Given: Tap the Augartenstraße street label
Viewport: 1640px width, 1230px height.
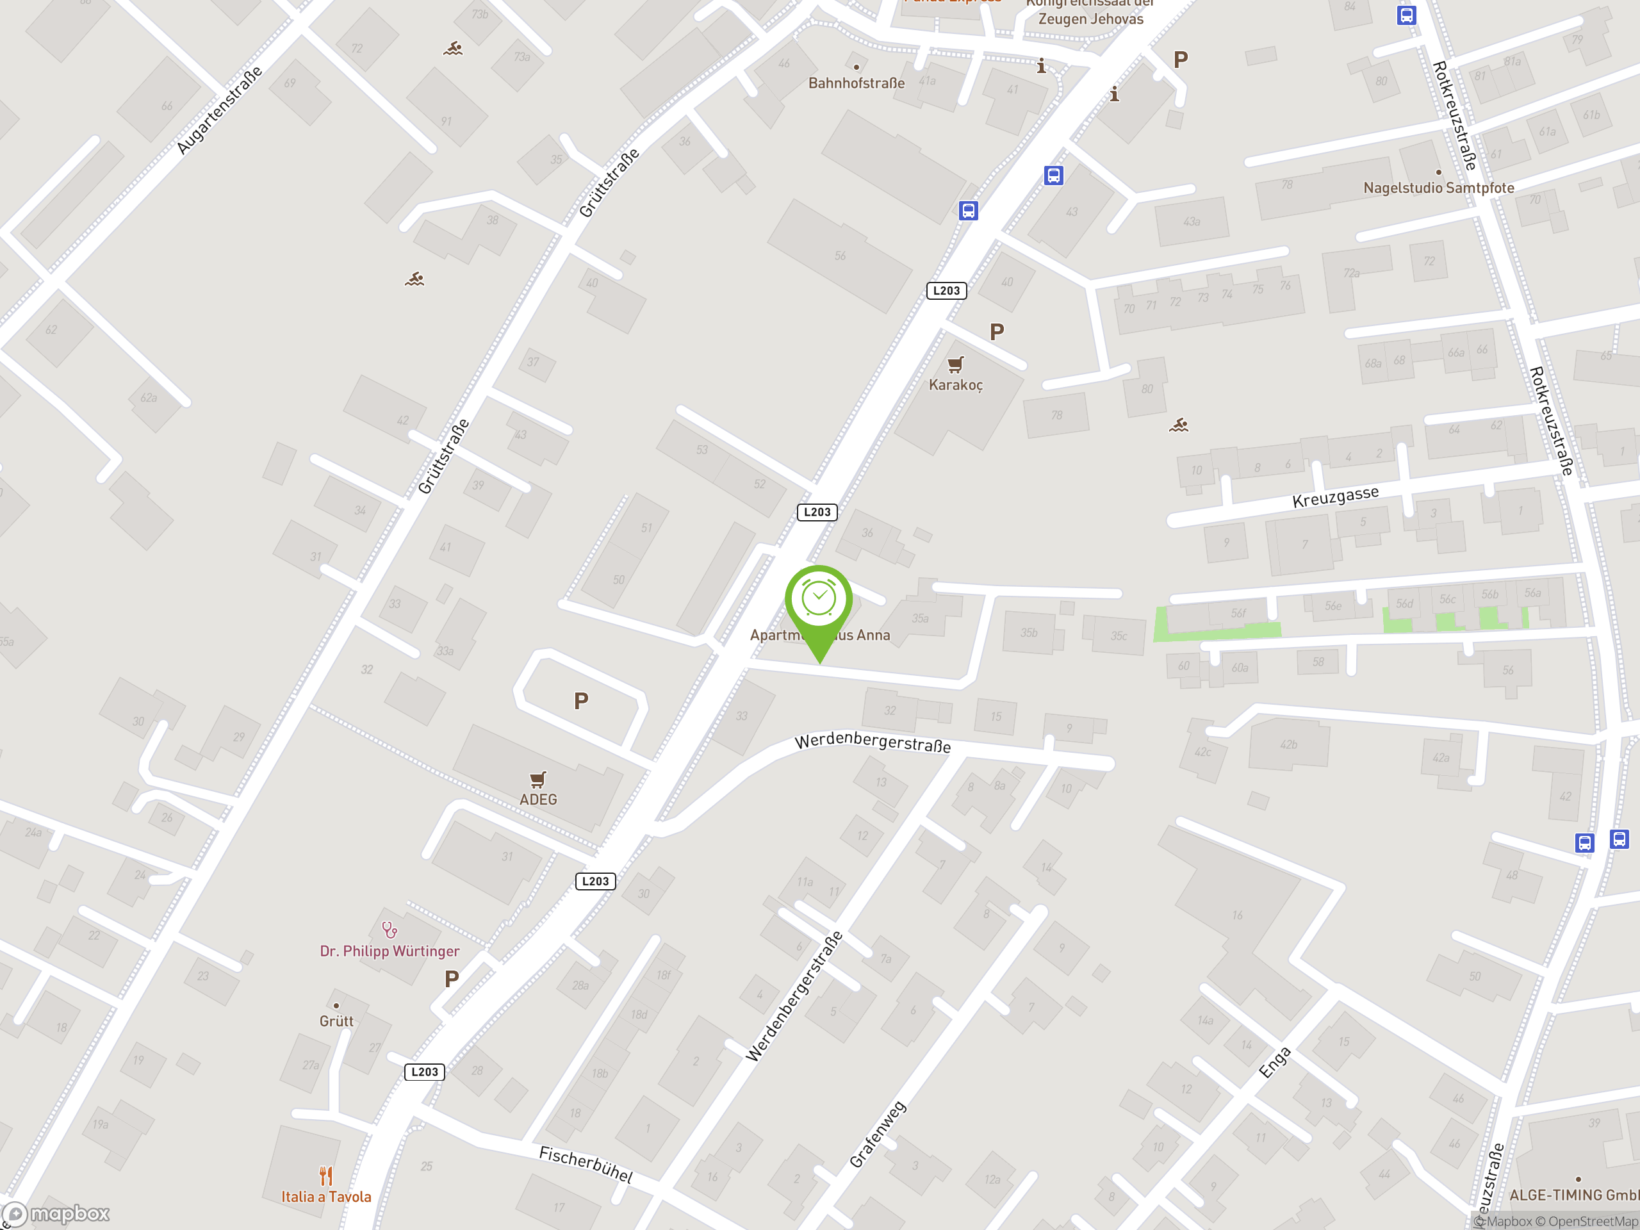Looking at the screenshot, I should click(220, 110).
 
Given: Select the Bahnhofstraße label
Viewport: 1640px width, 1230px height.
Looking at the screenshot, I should click(857, 83).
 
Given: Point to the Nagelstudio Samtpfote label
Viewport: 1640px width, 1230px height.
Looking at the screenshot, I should click(1438, 188).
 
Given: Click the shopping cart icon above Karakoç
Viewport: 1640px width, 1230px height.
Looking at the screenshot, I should click(956, 364).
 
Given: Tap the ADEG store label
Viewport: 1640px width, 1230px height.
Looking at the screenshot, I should click(537, 799).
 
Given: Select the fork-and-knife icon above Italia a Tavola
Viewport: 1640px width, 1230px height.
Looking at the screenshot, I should click(326, 1175).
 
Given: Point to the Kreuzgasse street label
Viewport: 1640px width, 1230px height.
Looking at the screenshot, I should click(1335, 496).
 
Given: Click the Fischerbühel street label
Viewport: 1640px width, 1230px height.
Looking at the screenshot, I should click(586, 1164).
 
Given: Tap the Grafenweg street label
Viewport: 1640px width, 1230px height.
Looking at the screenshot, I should click(877, 1135).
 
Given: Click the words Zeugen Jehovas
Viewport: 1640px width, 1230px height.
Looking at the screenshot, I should click(1090, 19).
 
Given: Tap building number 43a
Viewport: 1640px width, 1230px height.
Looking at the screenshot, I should click(1192, 221).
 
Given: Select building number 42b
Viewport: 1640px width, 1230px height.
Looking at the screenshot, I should click(1288, 744).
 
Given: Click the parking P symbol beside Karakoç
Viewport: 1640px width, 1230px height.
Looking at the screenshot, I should click(996, 331).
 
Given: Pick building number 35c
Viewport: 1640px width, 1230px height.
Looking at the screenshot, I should click(1118, 635).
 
